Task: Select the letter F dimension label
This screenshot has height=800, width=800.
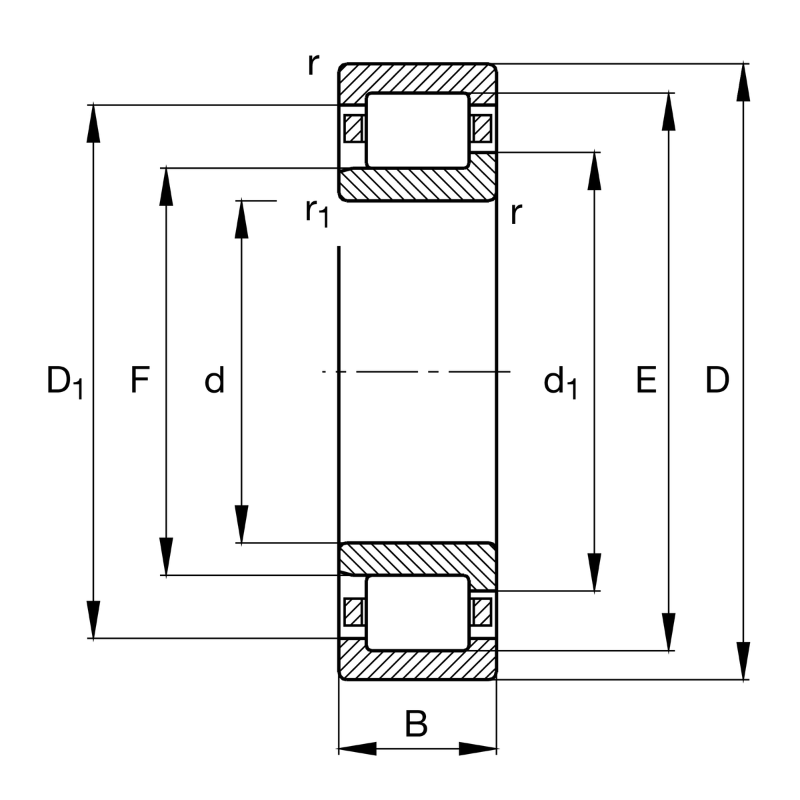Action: [139, 381]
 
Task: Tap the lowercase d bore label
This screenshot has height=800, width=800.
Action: [214, 381]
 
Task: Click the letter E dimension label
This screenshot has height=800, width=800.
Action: [646, 381]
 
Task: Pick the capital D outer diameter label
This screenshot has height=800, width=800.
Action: [717, 381]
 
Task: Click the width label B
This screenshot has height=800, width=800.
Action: [416, 724]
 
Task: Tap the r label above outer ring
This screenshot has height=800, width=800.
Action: [313, 65]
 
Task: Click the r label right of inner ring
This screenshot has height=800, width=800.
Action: [515, 213]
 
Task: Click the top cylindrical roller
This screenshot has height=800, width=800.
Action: [417, 130]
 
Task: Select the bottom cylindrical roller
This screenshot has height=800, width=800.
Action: [417, 613]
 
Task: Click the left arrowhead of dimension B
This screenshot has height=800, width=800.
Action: [357, 748]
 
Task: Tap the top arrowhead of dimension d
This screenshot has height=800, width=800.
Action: [241, 219]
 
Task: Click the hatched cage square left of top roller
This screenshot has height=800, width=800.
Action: [353, 129]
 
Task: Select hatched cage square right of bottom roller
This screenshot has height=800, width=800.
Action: [481, 611]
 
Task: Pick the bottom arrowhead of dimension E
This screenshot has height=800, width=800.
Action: [669, 632]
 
